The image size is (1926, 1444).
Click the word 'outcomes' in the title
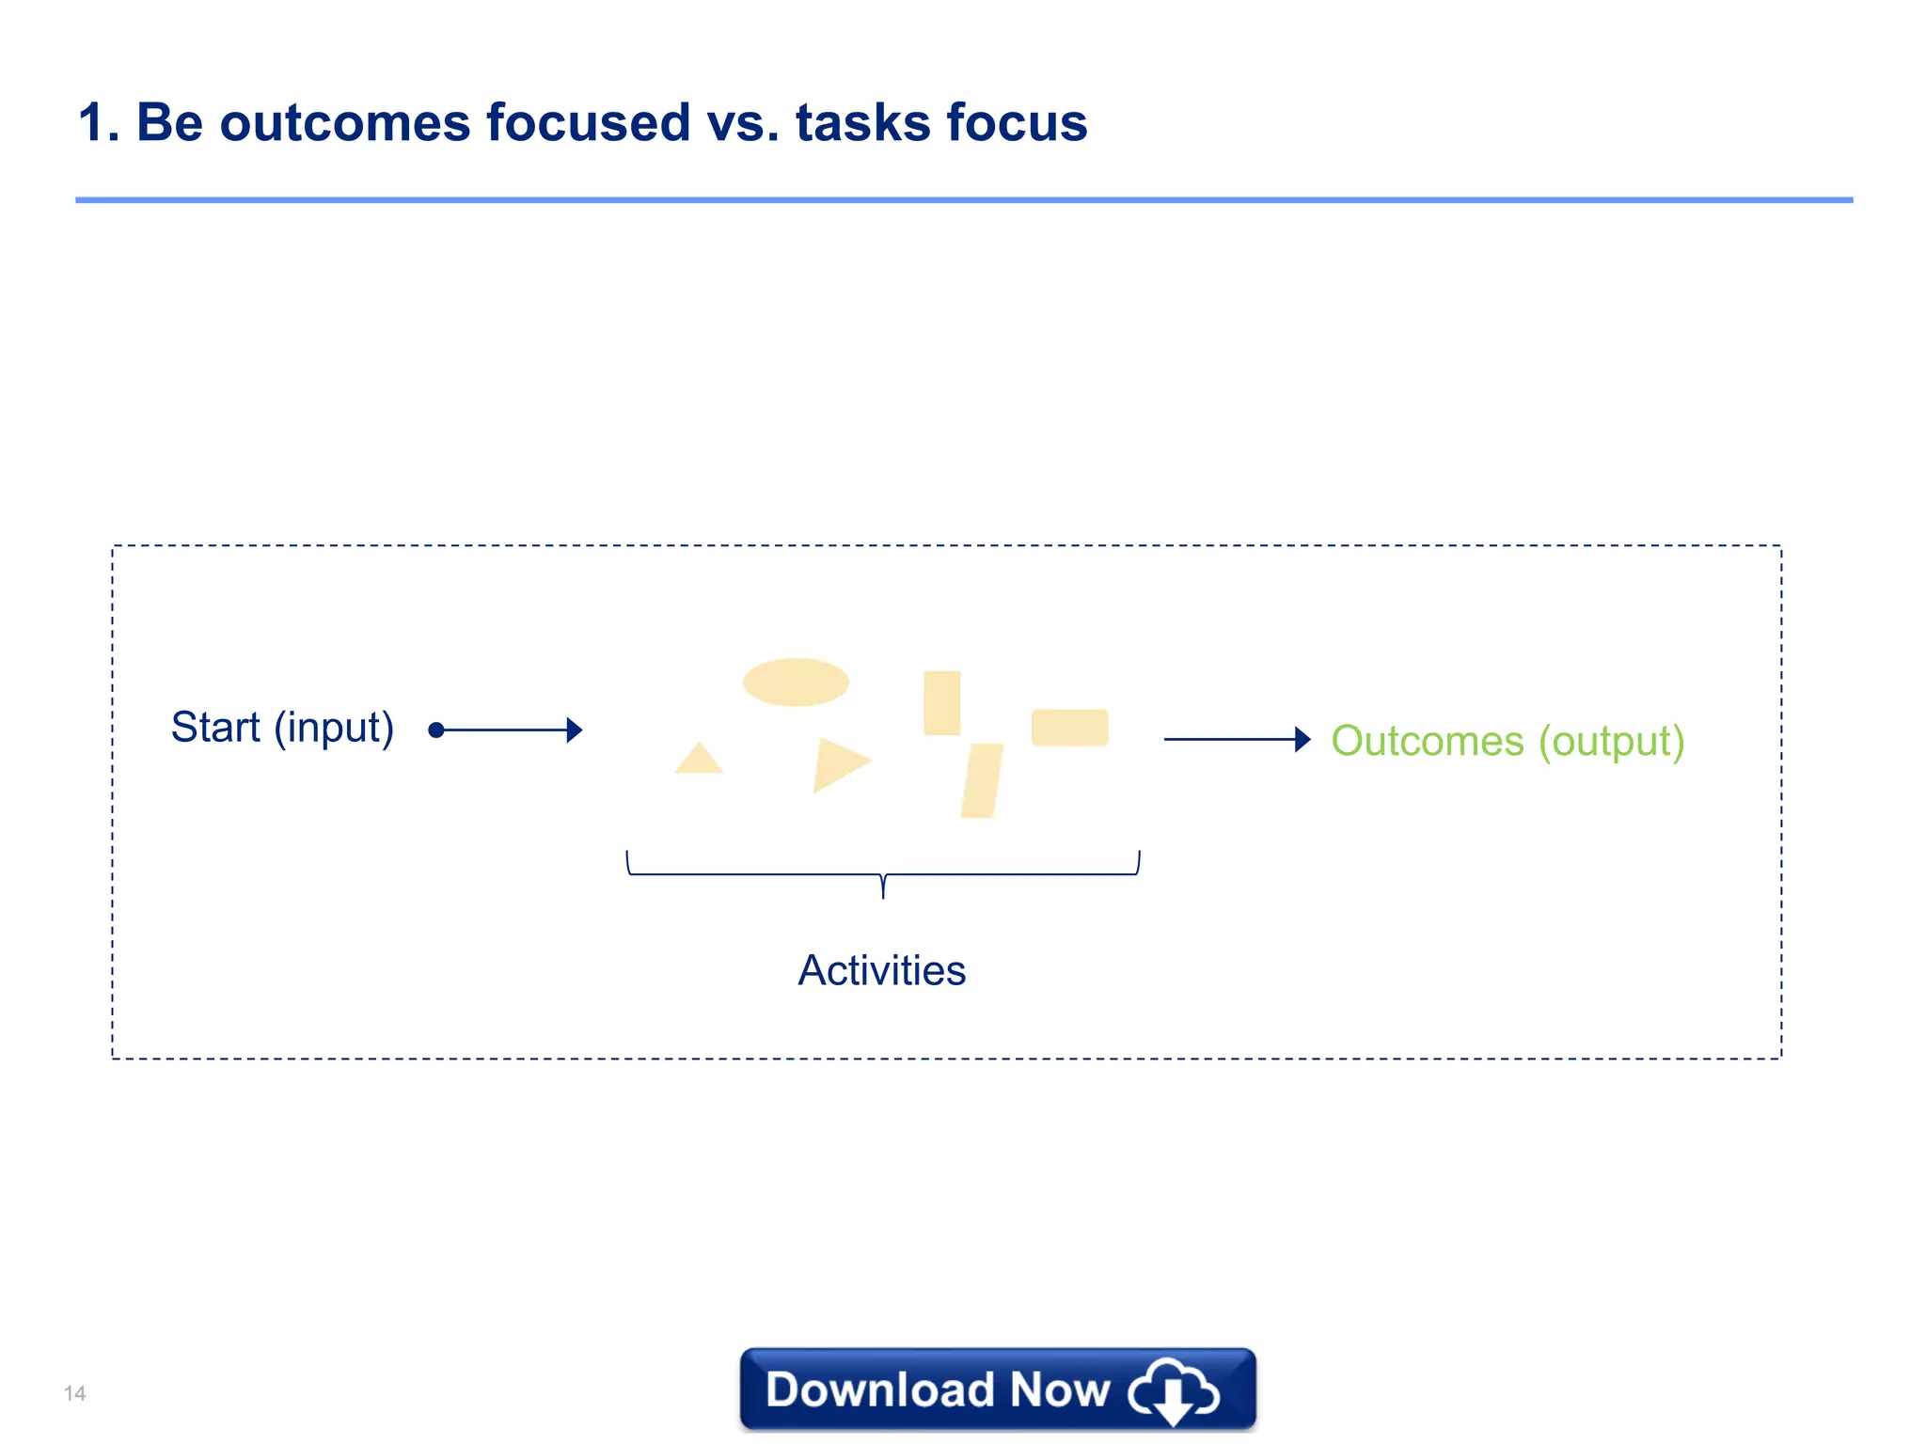[x=344, y=123]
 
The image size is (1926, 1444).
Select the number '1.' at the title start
[x=99, y=123]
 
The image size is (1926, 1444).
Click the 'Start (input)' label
[x=282, y=728]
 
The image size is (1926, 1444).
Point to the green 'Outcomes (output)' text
[x=1508, y=741]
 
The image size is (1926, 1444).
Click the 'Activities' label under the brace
[x=881, y=970]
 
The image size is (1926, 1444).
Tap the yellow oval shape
[x=796, y=682]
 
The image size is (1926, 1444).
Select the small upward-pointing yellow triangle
[x=699, y=761]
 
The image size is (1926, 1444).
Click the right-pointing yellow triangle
[x=837, y=762]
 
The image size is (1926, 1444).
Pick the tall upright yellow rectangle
[x=941, y=702]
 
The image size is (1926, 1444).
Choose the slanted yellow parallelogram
[x=982, y=780]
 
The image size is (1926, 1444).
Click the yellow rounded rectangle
[x=1069, y=728]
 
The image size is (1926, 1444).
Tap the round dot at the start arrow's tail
[x=435, y=730]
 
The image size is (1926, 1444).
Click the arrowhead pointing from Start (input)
[x=575, y=730]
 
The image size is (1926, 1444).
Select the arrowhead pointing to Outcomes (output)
[x=1302, y=739]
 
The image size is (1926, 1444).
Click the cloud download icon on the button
[x=1173, y=1390]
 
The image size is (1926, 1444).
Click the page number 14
[x=75, y=1393]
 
